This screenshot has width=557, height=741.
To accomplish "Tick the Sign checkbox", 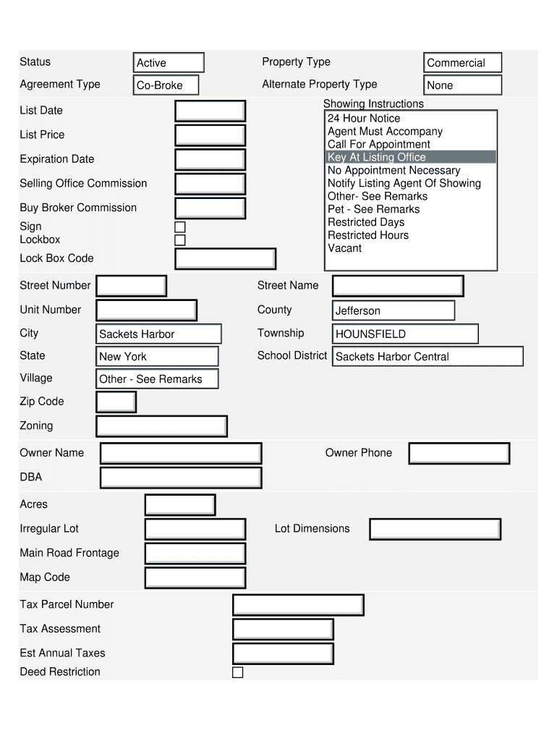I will [x=180, y=227].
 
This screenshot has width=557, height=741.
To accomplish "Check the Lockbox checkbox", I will [x=180, y=240].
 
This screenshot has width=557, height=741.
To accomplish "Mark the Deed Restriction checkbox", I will [x=237, y=672].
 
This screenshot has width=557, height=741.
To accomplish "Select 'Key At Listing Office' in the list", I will [x=411, y=157].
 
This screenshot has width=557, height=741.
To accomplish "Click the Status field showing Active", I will [x=169, y=63].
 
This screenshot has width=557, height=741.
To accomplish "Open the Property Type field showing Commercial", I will [x=462, y=63].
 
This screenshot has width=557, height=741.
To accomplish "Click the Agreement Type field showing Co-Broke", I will [x=166, y=85].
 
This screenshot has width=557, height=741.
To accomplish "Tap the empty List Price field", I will [x=210, y=135].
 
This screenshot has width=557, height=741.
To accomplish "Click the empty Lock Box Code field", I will [x=225, y=259].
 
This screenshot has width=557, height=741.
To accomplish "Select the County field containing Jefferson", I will [x=394, y=310].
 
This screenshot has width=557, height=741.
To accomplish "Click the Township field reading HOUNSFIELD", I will [x=405, y=334].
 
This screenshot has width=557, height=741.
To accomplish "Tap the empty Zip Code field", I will [x=116, y=402].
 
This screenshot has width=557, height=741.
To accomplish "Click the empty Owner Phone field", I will [x=459, y=454].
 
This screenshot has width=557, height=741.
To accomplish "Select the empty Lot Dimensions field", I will [x=435, y=529].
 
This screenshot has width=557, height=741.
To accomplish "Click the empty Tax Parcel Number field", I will [x=298, y=605].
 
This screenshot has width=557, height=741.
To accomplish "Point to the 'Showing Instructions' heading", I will [x=373, y=103].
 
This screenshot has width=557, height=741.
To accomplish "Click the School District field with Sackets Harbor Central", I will [x=427, y=356].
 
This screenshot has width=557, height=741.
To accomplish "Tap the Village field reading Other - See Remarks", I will [x=157, y=378].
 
